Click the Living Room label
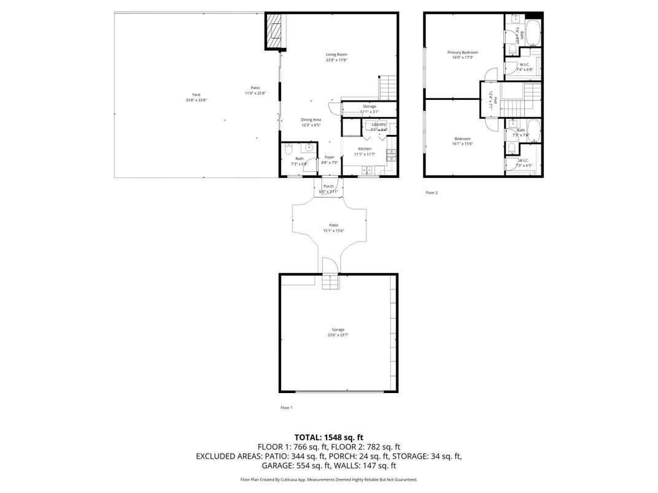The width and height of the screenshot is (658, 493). point(336,55)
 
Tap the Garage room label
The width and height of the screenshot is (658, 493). point(338,330)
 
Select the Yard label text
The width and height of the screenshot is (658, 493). point(196,94)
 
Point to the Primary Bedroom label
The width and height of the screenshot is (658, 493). point(462,53)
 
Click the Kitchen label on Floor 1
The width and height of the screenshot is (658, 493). point(365,149)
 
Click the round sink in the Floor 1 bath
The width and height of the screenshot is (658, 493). point(309,148)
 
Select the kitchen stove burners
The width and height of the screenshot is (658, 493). point(391,157)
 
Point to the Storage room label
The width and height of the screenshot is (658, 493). point(369,107)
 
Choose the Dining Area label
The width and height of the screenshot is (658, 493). point(311,120)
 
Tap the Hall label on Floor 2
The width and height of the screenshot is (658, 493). point(490,98)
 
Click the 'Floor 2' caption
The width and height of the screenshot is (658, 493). point(432,193)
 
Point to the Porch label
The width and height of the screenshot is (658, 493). point(328,186)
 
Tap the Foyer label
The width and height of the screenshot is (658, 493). point(330,157)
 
